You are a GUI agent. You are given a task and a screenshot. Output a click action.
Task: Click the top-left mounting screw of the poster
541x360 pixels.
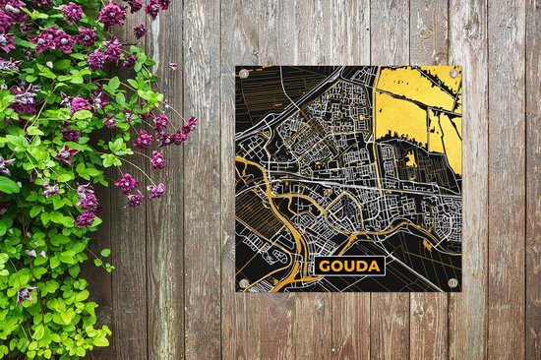(x=244, y=74)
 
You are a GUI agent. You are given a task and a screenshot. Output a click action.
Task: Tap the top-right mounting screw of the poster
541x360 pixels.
(x=453, y=73)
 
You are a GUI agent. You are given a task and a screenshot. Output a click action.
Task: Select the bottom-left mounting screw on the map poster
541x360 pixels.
(x=244, y=283)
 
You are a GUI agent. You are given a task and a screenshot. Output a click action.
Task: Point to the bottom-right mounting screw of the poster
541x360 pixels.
(x=453, y=282)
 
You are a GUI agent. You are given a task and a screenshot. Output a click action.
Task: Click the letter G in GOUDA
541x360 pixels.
(x=322, y=266)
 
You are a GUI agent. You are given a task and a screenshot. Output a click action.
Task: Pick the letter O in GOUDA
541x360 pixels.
(x=334, y=266)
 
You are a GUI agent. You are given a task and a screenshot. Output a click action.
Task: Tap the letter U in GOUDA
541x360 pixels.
(x=348, y=266)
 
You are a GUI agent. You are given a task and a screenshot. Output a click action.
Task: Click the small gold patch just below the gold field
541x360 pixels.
(x=410, y=158)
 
